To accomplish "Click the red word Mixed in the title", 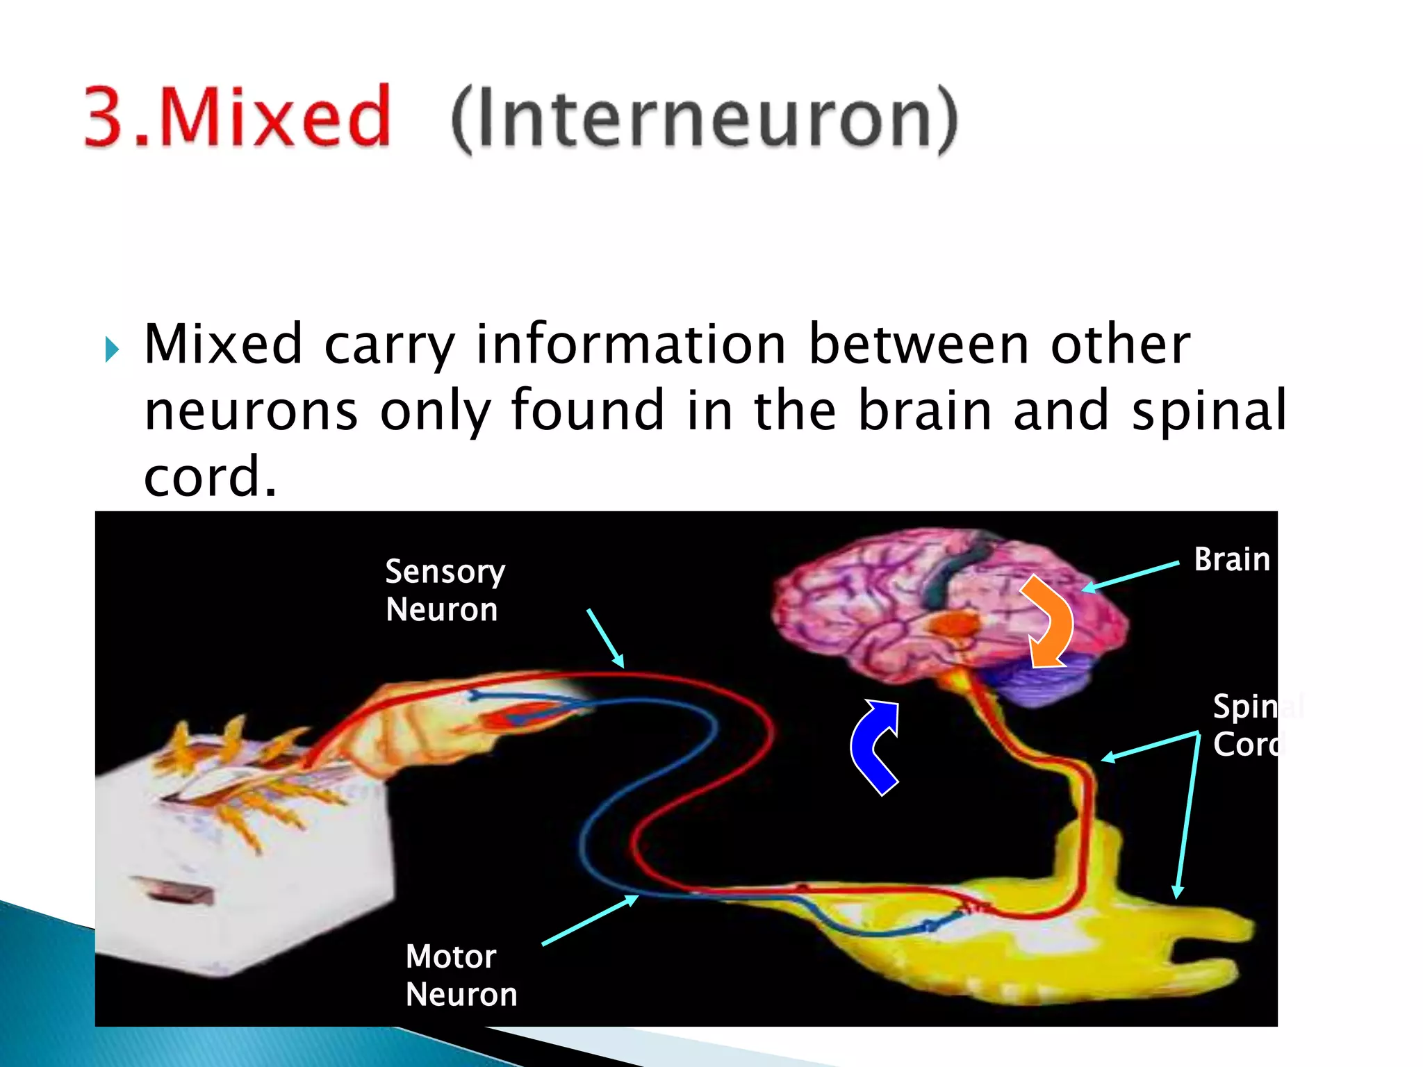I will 274,116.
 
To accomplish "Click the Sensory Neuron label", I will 445,590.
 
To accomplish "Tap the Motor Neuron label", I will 461,975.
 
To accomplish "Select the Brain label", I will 1231,560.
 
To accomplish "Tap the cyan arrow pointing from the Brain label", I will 1131,577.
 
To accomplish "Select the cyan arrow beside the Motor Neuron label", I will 589,920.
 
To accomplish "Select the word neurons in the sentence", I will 251,411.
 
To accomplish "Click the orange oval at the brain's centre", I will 955,623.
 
